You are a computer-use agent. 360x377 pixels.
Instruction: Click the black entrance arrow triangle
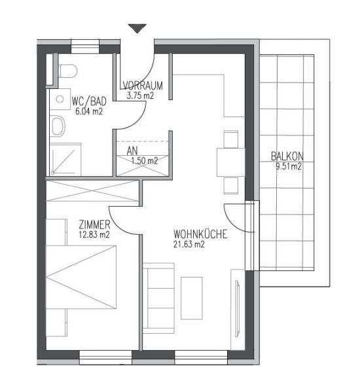coord(137,28)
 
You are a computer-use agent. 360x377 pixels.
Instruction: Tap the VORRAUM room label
coord(143,86)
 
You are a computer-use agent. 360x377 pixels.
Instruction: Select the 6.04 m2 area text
coord(89,111)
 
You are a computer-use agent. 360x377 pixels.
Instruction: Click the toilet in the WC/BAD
coord(68,71)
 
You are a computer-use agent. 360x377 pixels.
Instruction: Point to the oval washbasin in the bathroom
coord(58,125)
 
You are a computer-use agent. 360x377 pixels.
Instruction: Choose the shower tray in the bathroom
coord(65,160)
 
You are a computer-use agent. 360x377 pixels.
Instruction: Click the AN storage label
coord(132,151)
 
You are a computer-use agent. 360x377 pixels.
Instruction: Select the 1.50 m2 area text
coord(145,160)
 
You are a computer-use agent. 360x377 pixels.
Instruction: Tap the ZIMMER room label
coord(94,224)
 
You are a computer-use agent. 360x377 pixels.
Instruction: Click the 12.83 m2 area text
coord(94,234)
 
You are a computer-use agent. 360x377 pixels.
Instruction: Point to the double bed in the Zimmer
coord(81,277)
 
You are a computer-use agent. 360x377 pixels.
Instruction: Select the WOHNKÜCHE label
coord(200,234)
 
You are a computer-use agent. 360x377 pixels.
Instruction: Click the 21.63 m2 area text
coord(189,244)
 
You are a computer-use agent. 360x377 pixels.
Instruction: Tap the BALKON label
coord(287,156)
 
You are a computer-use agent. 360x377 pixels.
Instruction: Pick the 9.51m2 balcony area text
coord(289,166)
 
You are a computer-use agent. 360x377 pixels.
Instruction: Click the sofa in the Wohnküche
coord(158,298)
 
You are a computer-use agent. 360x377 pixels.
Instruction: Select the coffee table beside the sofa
coord(192,298)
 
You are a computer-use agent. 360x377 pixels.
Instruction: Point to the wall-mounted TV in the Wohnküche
coord(238,308)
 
